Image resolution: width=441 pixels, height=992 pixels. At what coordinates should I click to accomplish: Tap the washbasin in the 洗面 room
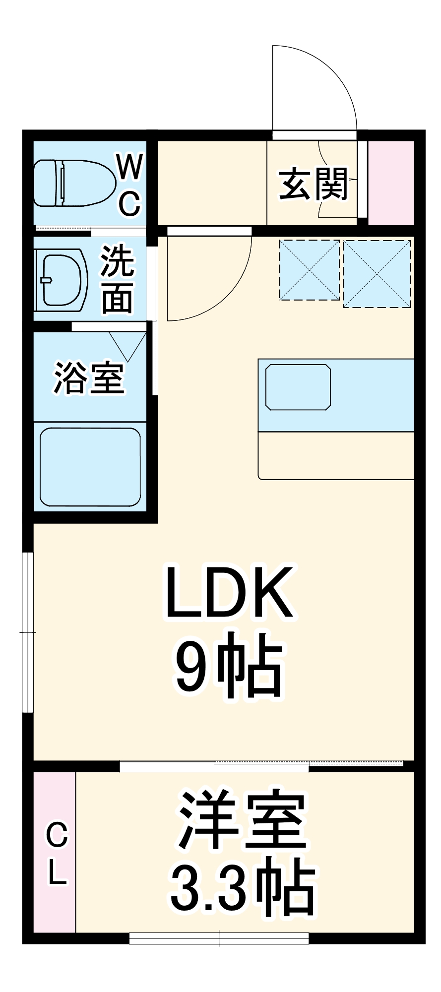pos(62,280)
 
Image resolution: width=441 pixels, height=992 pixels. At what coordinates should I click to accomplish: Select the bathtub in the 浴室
pos(90,467)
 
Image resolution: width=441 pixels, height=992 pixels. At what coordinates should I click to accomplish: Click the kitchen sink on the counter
pos(298,387)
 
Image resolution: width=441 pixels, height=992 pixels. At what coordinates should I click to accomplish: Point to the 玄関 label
pos(313,185)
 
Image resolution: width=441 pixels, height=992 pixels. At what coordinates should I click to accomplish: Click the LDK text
pos(229,593)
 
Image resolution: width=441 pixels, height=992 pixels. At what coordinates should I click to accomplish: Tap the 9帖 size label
pos(229,665)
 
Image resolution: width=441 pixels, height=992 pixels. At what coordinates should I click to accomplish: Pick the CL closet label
pos(57,853)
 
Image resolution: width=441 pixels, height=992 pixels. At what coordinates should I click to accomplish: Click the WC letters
pos(130,185)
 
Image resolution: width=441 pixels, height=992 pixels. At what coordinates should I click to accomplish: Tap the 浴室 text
pos(89,378)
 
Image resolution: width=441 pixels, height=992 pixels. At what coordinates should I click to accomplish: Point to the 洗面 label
pos(117,280)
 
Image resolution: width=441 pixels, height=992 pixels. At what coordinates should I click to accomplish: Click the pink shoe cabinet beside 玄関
pos(391,183)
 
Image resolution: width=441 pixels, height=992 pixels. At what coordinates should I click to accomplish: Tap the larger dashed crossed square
pos(377,274)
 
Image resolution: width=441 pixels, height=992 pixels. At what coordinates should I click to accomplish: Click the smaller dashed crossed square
pos(309,270)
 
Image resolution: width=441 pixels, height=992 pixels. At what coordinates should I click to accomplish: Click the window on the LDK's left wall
pos(28,632)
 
